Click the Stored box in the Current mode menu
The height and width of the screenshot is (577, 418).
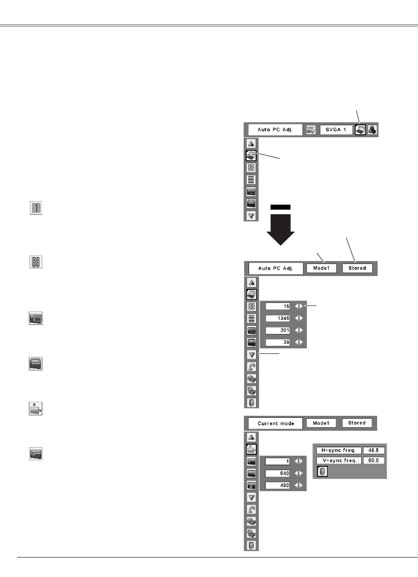357,423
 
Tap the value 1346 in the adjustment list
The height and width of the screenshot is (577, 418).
279,317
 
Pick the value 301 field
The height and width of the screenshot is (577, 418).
279,330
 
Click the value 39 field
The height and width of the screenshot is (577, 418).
279,342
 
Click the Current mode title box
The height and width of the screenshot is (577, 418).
276,423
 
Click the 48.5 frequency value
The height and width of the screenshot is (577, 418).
373,450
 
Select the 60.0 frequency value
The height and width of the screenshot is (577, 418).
373,460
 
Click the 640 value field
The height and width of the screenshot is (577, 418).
279,473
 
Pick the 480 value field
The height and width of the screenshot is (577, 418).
279,485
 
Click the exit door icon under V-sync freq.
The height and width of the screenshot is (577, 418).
322,471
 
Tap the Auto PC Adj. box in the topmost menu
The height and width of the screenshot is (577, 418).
276,129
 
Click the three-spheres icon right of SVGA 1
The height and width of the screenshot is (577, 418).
372,129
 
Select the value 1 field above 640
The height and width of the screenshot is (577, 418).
279,460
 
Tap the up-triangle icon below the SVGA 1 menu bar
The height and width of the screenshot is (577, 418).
252,143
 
